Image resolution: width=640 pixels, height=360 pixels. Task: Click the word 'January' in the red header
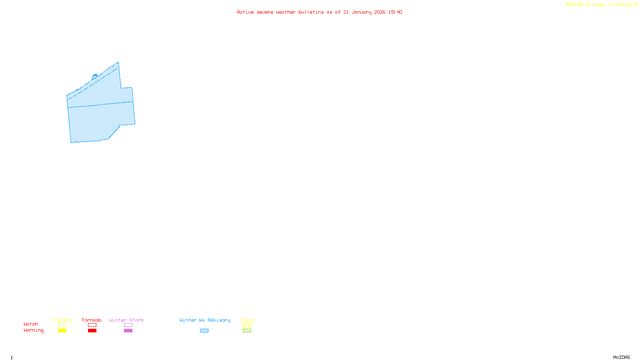(361, 12)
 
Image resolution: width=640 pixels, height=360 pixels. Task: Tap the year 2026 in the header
(380, 12)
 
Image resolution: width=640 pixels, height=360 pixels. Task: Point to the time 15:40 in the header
(395, 12)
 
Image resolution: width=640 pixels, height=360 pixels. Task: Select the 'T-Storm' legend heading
(62, 320)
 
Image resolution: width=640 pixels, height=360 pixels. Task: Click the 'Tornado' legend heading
(92, 320)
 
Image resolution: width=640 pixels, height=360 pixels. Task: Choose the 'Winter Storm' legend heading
(126, 320)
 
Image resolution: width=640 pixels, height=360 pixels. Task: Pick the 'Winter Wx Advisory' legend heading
(205, 320)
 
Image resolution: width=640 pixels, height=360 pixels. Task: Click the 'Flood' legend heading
(247, 320)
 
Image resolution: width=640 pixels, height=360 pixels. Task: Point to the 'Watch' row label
(31, 324)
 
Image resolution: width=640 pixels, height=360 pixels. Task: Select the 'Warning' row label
(34, 330)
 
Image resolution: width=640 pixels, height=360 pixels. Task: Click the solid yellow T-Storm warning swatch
(62, 331)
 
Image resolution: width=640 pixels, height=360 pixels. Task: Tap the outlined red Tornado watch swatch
(92, 325)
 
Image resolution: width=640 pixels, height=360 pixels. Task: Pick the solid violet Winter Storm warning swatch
(128, 331)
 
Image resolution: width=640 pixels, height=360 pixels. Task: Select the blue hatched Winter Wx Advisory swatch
(204, 331)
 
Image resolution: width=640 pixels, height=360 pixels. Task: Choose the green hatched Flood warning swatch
(247, 331)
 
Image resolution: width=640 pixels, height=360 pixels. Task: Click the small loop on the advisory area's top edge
(95, 75)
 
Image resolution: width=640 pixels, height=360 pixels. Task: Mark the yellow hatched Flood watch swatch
(247, 325)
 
